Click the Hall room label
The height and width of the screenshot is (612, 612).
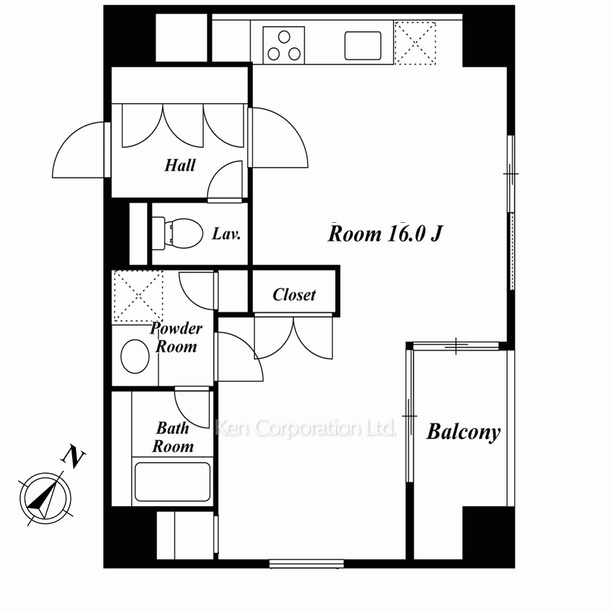179,165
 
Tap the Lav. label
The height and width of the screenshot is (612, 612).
226,234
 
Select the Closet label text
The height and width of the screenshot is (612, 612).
294,295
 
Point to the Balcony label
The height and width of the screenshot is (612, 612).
463,432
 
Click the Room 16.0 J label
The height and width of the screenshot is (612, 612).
385,234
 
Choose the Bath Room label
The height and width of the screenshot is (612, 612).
173,437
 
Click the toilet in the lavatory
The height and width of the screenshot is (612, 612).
177,233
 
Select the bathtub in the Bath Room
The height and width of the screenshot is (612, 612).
172,482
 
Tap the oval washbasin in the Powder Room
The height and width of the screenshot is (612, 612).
135,356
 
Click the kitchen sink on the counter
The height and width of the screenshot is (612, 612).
363,45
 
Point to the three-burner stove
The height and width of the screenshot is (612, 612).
284,45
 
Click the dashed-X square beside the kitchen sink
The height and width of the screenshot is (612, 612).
415,43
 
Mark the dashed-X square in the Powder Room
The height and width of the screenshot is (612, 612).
138,296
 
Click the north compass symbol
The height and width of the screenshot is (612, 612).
46,498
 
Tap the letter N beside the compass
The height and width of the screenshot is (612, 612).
73,456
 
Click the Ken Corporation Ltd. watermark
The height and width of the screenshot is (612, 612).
305,428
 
